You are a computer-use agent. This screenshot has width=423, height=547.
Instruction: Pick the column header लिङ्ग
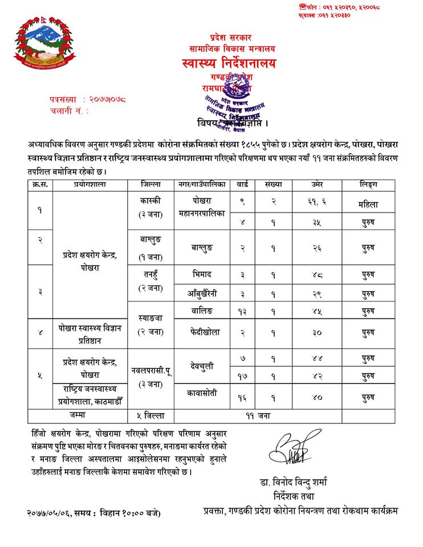click(368, 185)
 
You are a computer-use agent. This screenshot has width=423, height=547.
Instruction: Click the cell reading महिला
click(368, 203)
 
